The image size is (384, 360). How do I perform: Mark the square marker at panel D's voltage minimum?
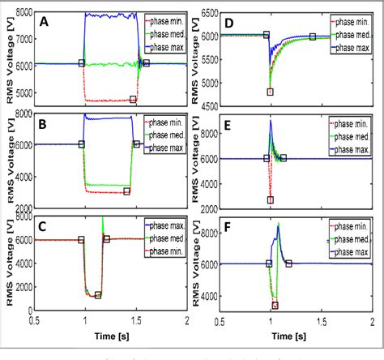pyautogui.click(x=270, y=92)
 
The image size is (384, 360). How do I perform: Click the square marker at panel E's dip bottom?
pyautogui.click(x=270, y=199)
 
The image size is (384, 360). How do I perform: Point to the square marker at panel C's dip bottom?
pyautogui.click(x=97, y=295)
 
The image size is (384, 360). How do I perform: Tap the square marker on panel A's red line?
pyautogui.click(x=133, y=99)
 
